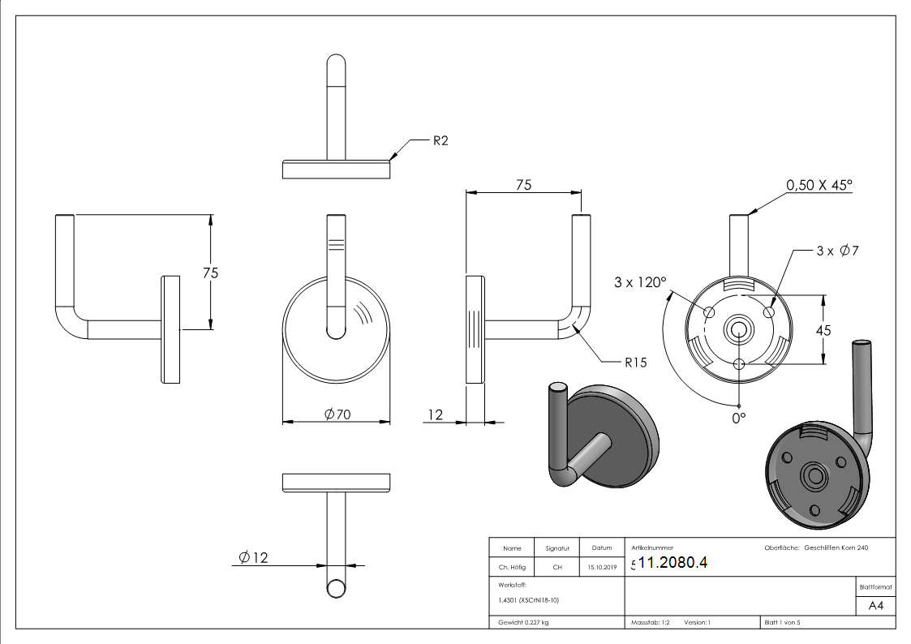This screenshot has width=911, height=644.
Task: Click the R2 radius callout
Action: tap(440, 140)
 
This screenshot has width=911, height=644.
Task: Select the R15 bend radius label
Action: tap(635, 363)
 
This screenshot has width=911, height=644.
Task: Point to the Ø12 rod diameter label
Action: tap(253, 557)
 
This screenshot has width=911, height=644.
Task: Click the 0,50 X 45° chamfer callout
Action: tap(819, 186)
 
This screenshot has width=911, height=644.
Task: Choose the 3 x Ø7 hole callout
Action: tap(837, 251)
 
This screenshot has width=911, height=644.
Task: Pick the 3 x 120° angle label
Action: tap(640, 283)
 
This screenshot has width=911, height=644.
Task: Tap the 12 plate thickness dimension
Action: tap(435, 415)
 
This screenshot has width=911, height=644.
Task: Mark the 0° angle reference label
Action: tap(738, 418)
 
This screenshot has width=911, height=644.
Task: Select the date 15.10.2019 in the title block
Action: tap(602, 568)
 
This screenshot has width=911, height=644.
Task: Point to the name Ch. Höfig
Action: tap(511, 568)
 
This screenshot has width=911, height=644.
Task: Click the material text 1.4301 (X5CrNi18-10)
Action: tap(529, 600)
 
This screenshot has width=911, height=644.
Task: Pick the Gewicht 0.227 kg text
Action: tap(523, 623)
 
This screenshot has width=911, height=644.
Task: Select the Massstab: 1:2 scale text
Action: tap(650, 623)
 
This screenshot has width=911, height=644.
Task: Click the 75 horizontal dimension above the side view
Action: tap(523, 185)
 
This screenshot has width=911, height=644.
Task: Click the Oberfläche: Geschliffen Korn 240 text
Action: tap(816, 548)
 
